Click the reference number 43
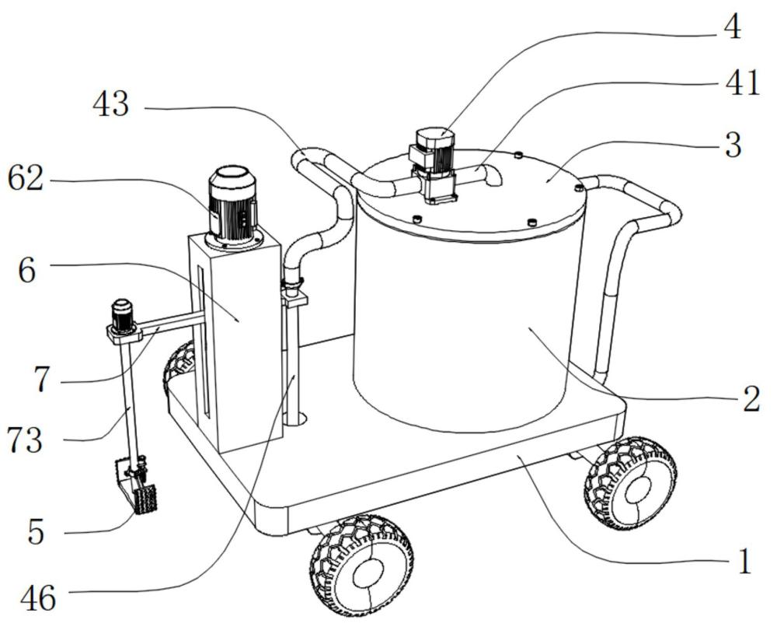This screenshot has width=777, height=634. pyautogui.click(x=111, y=105)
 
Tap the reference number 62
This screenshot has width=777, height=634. pyautogui.click(x=26, y=179)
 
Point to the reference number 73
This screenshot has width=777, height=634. pyautogui.click(x=24, y=441)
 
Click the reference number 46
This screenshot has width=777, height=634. pyautogui.click(x=38, y=599)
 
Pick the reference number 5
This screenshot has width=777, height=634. pyautogui.click(x=36, y=532)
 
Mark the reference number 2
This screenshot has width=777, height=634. pyautogui.click(x=751, y=399)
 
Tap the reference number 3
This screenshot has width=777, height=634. pyautogui.click(x=733, y=145)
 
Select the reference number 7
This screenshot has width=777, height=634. pyautogui.click(x=42, y=380)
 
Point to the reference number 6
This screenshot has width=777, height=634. pyautogui.click(x=27, y=271)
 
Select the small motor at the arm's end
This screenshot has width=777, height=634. pyautogui.click(x=122, y=316)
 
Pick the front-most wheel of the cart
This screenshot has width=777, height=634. pyautogui.click(x=362, y=566)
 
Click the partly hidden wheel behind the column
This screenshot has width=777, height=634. pyautogui.click(x=179, y=367)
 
